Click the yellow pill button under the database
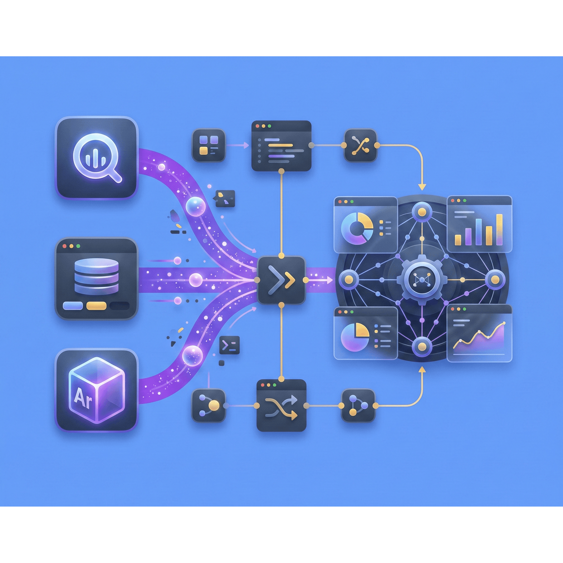coord(96,305)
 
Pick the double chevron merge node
coord(281,280)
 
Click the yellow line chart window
coord(479,333)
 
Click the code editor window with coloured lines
coord(281,145)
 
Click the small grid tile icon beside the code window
coord(208,145)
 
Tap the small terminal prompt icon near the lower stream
coord(229,345)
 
